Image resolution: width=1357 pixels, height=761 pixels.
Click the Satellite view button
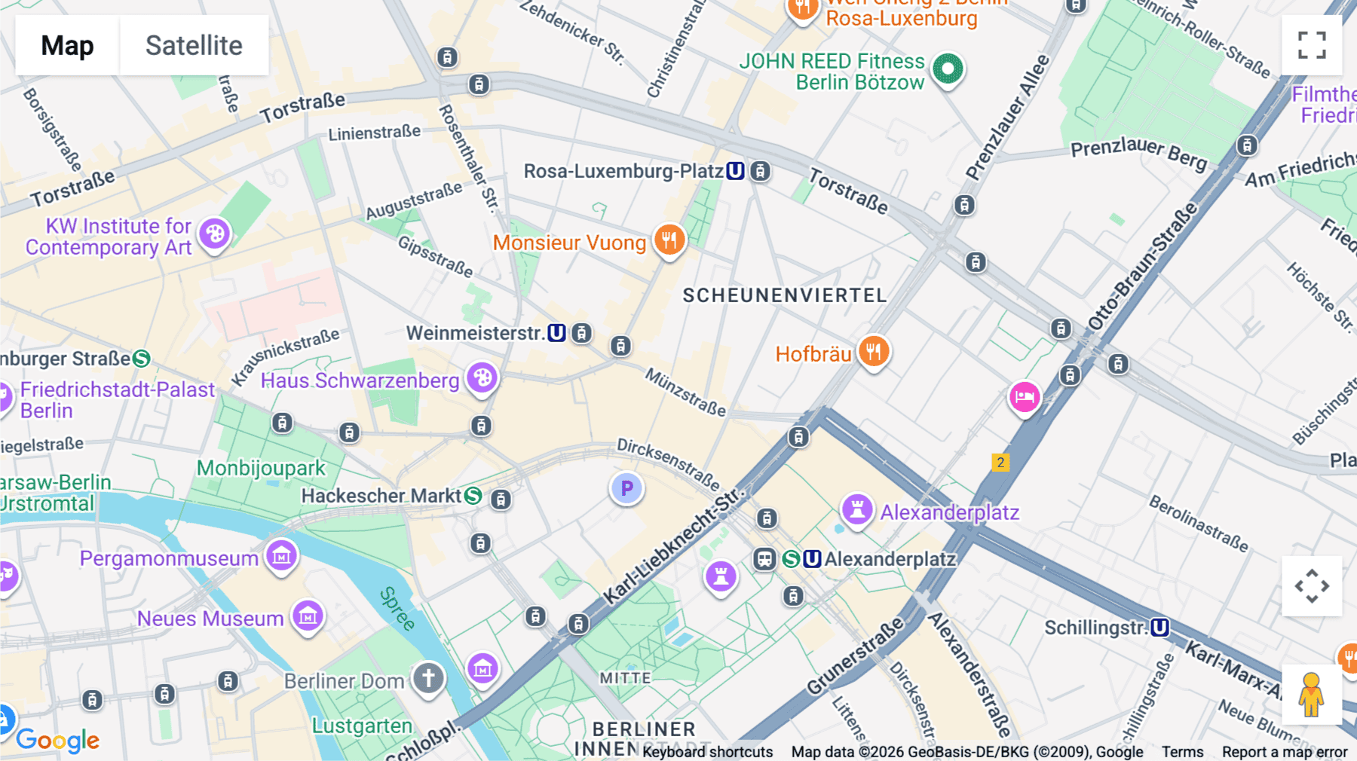(194, 45)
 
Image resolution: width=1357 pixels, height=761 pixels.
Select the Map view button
(67, 45)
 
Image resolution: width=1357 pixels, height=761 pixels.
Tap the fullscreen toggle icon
(1312, 45)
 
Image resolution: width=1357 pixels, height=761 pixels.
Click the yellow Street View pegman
(1311, 695)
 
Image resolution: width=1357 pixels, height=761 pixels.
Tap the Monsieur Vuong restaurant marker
(669, 240)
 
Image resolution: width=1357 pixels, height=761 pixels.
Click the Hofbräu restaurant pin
(873, 351)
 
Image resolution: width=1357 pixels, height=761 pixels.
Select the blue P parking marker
(626, 489)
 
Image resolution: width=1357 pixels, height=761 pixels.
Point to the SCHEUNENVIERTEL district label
(785, 295)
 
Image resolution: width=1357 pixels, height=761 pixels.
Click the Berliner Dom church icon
(428, 678)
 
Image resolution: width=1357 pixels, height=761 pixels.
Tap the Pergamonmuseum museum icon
(282, 556)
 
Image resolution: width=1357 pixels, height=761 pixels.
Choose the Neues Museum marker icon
(308, 616)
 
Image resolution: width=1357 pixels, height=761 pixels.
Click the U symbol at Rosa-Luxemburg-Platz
(735, 171)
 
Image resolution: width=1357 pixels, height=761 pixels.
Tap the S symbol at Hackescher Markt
(473, 496)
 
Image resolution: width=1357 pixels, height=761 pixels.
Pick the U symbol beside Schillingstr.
(1159, 627)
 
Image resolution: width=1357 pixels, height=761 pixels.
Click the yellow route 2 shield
(1000, 462)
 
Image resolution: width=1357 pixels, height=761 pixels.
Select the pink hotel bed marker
(1025, 396)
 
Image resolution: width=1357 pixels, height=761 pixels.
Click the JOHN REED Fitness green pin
(948, 69)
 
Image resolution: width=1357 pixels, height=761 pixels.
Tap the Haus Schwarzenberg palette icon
(482, 377)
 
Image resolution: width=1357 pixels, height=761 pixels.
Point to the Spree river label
(397, 609)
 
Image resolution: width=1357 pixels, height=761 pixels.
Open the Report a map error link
(1285, 751)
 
